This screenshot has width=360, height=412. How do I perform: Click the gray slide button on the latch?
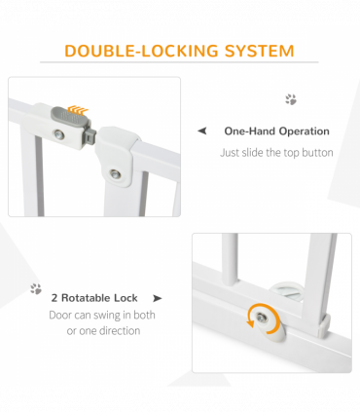tap(69, 117)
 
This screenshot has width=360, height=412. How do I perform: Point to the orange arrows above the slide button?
tap(78, 109)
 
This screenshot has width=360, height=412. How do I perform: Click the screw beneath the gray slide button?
tap(59, 133)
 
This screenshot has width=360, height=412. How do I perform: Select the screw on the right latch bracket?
tap(115, 174)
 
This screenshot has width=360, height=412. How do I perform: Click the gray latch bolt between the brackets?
tap(90, 135)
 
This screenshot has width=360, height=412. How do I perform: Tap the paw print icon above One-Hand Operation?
tap(291, 99)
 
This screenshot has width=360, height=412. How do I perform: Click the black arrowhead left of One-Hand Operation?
tap(202, 131)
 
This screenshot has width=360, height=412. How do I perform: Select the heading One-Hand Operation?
tap(276, 131)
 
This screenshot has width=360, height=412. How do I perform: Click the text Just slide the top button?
tap(276, 153)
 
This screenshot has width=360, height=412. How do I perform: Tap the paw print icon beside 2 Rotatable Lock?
tap(36, 288)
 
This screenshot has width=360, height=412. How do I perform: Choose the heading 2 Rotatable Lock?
tap(94, 298)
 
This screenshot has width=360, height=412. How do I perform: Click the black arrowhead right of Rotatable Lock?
tap(158, 298)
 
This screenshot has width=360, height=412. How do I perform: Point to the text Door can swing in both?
tap(102, 315)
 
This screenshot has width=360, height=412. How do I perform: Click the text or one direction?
tap(103, 331)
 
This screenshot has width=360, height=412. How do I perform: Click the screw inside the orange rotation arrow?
tap(261, 318)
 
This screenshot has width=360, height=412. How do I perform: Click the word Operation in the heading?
tap(305, 131)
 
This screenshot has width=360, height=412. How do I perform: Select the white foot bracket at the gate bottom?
tap(324, 325)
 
